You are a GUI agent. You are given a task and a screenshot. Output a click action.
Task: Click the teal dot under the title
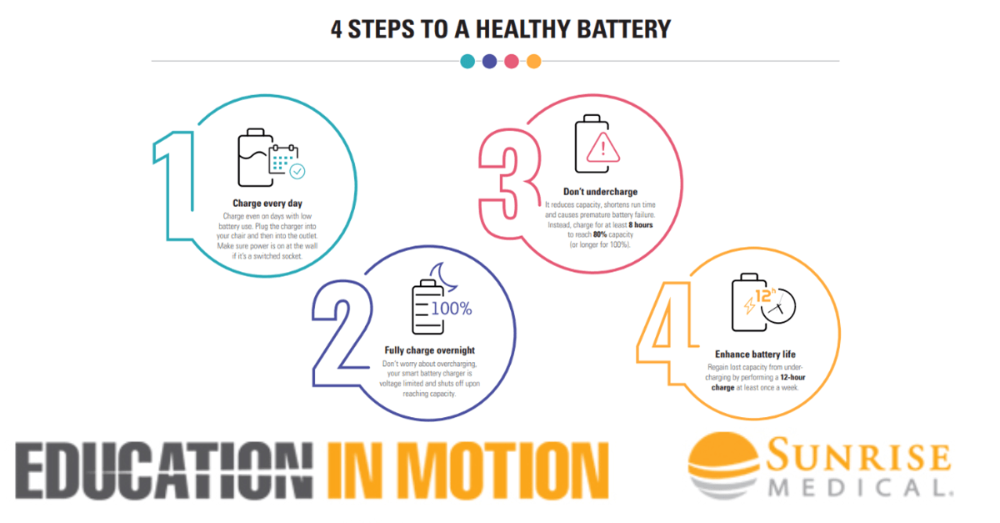click(x=468, y=61)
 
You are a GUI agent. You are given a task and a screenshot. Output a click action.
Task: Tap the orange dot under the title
click(x=534, y=61)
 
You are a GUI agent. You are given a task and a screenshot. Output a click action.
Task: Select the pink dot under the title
click(x=512, y=61)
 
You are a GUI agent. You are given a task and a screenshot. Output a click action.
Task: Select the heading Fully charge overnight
click(x=429, y=350)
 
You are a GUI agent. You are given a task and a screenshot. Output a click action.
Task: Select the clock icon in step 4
click(x=777, y=306)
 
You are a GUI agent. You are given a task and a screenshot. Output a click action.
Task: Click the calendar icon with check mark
click(x=285, y=161)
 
